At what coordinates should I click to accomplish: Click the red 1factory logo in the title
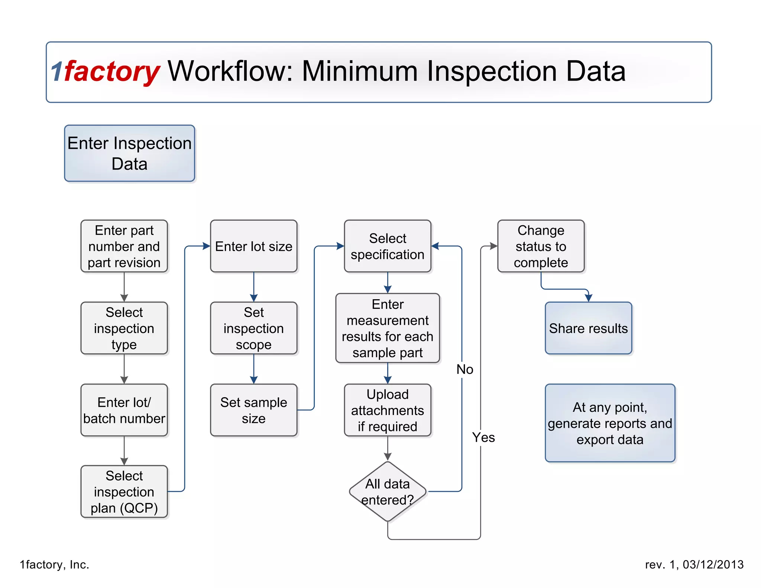[106, 71]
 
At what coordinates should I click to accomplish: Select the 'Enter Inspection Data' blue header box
[129, 153]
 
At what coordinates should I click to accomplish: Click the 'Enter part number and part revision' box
[124, 246]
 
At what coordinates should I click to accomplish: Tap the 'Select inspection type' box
[124, 328]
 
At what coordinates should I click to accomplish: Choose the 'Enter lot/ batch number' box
[124, 410]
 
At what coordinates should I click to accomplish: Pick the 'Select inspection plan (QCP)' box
[124, 491]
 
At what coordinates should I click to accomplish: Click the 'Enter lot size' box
[253, 246]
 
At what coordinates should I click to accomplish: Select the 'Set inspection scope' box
[253, 328]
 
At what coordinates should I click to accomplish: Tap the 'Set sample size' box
[253, 410]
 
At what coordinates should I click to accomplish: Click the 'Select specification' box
[387, 246]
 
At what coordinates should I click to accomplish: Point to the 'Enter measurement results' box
[387, 328]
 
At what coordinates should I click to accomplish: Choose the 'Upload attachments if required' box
[387, 410]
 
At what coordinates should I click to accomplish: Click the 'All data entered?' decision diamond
[387, 491]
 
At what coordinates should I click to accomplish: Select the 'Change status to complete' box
[541, 246]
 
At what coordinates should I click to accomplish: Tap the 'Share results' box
[588, 328]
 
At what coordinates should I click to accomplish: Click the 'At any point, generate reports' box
[610, 423]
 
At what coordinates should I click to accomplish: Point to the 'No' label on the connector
[464, 369]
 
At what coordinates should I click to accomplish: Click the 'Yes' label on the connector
[483, 437]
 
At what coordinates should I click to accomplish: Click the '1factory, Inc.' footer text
[55, 565]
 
